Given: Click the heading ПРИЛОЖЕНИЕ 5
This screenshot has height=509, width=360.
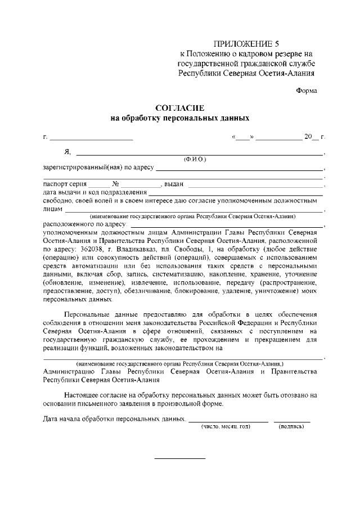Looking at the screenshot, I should (246, 43).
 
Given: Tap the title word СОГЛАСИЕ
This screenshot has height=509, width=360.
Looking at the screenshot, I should (179, 107).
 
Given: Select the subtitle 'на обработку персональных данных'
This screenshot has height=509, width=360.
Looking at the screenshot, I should (179, 119).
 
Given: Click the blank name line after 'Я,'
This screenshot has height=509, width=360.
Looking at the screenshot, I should (200, 154).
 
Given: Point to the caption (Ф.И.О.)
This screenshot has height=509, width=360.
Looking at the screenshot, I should (195, 159).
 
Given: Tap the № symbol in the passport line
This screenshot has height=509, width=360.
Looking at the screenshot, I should (115, 184).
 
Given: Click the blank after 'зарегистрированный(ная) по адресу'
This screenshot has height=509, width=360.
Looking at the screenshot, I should (239, 169).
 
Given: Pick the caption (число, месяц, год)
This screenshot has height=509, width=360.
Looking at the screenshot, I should (226, 427).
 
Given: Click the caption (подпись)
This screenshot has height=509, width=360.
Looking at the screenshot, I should (291, 427).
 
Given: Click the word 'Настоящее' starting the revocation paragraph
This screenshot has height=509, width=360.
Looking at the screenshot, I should (83, 395).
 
